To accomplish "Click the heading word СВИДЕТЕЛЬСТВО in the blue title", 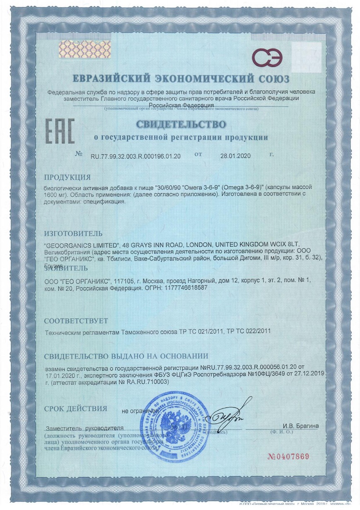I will pyautogui.click(x=181, y=124).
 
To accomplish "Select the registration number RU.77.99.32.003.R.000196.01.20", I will pyautogui.click(x=135, y=156).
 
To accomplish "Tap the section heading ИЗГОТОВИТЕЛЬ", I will pyautogui.click(x=73, y=234).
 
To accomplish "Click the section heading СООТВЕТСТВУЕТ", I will pyautogui.click(x=76, y=321).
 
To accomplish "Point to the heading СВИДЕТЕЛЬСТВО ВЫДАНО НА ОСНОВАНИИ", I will pyautogui.click(x=126, y=356).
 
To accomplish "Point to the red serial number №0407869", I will pyautogui.click(x=289, y=457).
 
